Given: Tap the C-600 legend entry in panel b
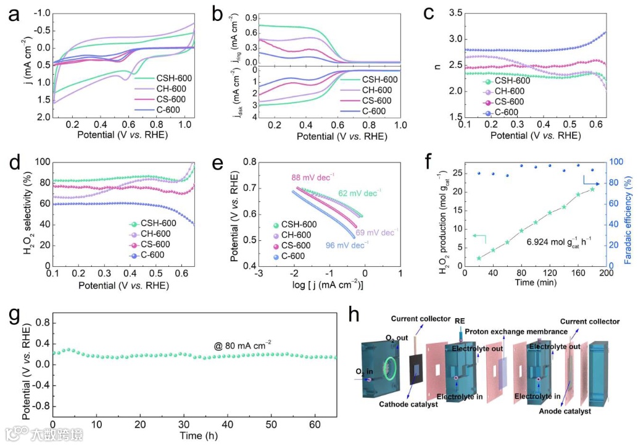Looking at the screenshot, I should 376,112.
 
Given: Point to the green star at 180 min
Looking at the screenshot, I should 592,189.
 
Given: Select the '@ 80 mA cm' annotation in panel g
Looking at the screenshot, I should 241,344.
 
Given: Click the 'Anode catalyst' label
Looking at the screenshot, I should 565,411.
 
